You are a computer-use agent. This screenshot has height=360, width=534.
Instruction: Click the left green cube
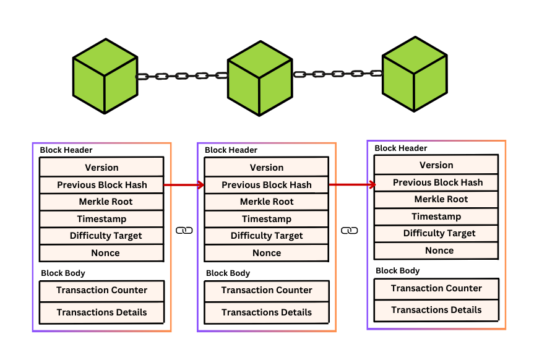point(105,76)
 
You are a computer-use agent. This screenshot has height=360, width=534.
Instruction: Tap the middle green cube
point(259,79)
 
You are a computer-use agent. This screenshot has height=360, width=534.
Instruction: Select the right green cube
point(414,74)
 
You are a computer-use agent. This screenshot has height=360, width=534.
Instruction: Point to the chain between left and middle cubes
point(182,76)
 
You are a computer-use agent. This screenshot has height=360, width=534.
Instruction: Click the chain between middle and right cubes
point(338,74)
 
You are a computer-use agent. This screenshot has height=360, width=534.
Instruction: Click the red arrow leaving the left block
point(184,184)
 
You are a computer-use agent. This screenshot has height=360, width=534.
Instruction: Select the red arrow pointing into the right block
point(352,184)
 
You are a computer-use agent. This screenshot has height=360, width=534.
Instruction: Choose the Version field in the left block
point(101,168)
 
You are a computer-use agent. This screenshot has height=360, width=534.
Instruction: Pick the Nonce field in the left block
point(101,253)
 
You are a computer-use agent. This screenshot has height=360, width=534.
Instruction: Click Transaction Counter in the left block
point(101,290)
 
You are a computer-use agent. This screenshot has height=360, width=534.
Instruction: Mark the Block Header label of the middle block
point(231,150)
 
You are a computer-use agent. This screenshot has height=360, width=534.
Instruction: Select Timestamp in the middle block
point(267,219)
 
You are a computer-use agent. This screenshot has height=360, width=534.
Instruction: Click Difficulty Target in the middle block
point(267,236)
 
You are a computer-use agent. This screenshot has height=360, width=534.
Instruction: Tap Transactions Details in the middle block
point(267,312)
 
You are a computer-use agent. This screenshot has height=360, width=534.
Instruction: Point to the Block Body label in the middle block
point(228,273)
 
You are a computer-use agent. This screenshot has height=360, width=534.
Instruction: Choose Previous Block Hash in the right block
point(437,182)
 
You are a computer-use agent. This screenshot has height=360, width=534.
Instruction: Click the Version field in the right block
point(436,165)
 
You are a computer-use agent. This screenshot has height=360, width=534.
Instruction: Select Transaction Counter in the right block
point(436,288)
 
